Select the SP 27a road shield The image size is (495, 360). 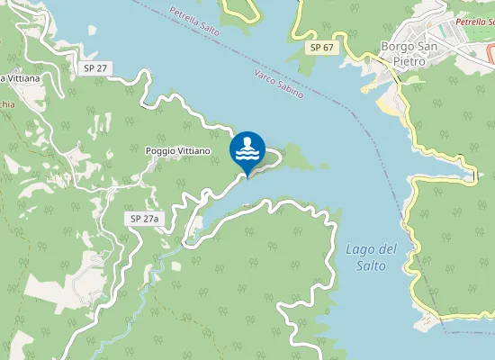point(143,219)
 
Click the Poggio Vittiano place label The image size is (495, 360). point(177,151)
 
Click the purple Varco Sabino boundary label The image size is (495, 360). point(278,83)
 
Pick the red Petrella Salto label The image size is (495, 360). point(474,22)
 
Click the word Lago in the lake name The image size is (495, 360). point(359,249)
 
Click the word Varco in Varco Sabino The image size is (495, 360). point(266,76)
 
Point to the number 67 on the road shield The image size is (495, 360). point(327,47)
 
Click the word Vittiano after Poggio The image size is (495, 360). point(194,151)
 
